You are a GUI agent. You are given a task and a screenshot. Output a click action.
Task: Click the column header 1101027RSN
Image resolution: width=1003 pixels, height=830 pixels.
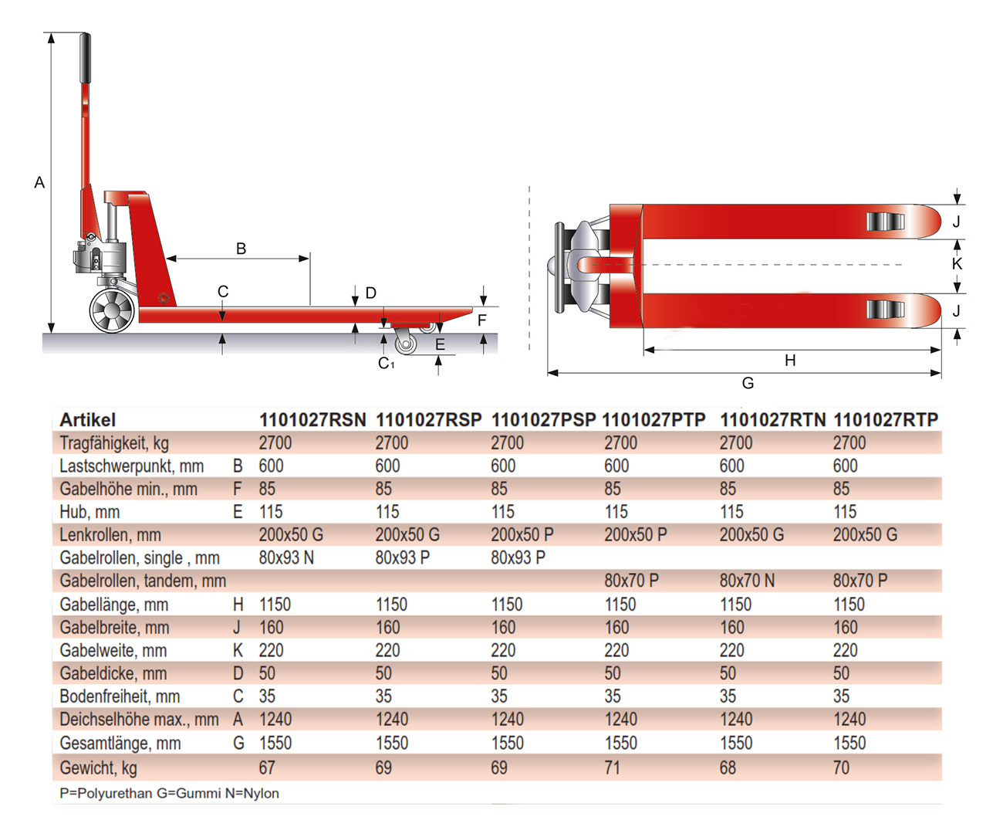[312, 420]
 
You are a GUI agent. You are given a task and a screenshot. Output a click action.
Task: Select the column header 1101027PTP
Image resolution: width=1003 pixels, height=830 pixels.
[653, 420]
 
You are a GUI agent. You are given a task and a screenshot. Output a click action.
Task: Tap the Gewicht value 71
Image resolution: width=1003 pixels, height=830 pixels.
[613, 768]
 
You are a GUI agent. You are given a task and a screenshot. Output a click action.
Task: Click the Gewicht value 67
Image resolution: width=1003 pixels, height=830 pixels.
[267, 768]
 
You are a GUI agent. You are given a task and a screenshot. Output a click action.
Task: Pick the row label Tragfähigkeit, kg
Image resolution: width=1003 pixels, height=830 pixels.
[114, 443]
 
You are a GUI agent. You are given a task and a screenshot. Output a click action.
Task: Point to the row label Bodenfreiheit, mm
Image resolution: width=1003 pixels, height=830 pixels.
[120, 696]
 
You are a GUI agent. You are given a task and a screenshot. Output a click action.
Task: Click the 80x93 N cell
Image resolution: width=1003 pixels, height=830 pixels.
[286, 557]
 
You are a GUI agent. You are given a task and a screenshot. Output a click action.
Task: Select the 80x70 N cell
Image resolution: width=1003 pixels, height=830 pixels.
[747, 581]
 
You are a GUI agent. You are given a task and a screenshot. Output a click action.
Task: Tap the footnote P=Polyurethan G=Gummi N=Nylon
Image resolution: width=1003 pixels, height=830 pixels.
[169, 793]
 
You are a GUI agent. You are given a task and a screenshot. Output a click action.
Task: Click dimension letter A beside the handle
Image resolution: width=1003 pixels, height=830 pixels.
[39, 183]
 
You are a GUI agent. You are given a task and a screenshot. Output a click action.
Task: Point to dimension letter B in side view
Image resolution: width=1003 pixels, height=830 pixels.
[241, 249]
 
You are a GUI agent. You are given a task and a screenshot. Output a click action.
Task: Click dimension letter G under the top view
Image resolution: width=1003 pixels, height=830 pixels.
[748, 383]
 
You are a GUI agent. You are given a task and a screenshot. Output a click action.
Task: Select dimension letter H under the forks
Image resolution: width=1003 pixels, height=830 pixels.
[790, 361]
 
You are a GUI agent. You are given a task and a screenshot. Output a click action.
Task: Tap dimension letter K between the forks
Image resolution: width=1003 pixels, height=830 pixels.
[957, 264]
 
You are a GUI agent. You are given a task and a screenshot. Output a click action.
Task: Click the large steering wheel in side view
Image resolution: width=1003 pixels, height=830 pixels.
[112, 311]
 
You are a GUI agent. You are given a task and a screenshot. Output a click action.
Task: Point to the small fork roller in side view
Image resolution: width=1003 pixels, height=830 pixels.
[404, 343]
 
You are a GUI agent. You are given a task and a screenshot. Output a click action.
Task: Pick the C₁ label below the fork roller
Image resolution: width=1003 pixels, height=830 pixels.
[386, 363]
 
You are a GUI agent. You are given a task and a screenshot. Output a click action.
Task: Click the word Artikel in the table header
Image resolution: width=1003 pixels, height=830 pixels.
[87, 420]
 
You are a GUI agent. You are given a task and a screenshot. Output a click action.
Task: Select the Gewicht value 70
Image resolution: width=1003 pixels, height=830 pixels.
[841, 768]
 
